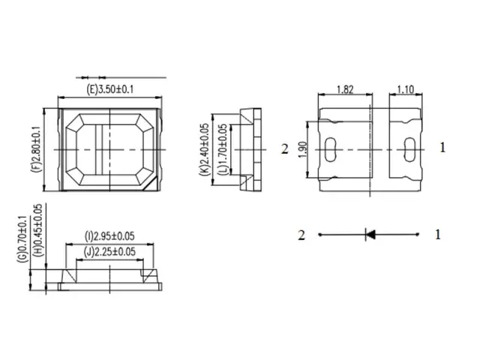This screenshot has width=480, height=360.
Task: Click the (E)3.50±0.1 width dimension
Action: coord(111,90)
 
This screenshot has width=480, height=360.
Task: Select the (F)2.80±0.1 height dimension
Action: coord(35,149)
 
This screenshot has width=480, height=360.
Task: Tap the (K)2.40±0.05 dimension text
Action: coord(204,148)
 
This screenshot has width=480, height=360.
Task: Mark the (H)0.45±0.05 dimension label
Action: coord(38,234)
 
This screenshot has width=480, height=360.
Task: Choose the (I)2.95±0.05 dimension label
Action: coord(110,236)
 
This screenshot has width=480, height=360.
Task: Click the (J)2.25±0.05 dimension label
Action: coord(110,251)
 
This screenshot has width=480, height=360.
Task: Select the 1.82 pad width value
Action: coord(345,88)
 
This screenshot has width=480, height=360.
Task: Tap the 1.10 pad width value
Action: coord(404,88)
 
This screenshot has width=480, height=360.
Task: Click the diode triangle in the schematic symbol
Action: coord(370,234)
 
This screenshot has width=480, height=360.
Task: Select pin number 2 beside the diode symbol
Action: coord(301,235)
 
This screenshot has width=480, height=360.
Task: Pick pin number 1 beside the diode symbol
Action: coord(438,234)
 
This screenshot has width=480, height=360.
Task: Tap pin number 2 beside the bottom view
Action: coord(284,148)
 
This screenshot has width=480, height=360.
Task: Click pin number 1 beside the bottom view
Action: coord(442,148)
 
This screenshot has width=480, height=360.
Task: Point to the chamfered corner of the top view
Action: coord(154,182)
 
